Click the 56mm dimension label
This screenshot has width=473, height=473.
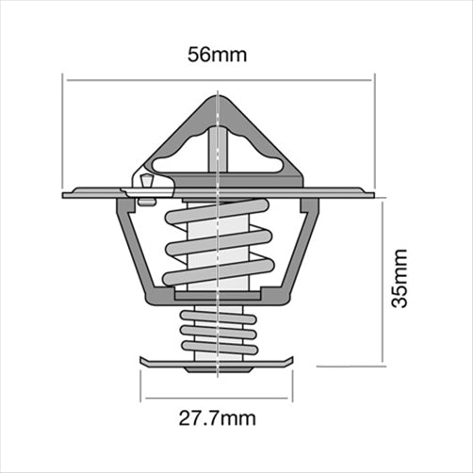coord(219,55)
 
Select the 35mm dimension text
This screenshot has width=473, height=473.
coord(400,279)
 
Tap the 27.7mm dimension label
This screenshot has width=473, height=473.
coord(219,416)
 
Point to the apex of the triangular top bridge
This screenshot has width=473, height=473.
coord(219,95)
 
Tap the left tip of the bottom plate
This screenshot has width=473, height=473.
coord(142,362)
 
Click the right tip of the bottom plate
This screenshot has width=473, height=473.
coord(294,362)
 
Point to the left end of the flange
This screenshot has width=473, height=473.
coord(65,195)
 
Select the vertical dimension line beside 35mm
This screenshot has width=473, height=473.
coord(382,283)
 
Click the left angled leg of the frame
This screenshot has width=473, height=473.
coord(133,250)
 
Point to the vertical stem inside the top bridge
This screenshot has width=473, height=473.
coord(217,151)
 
